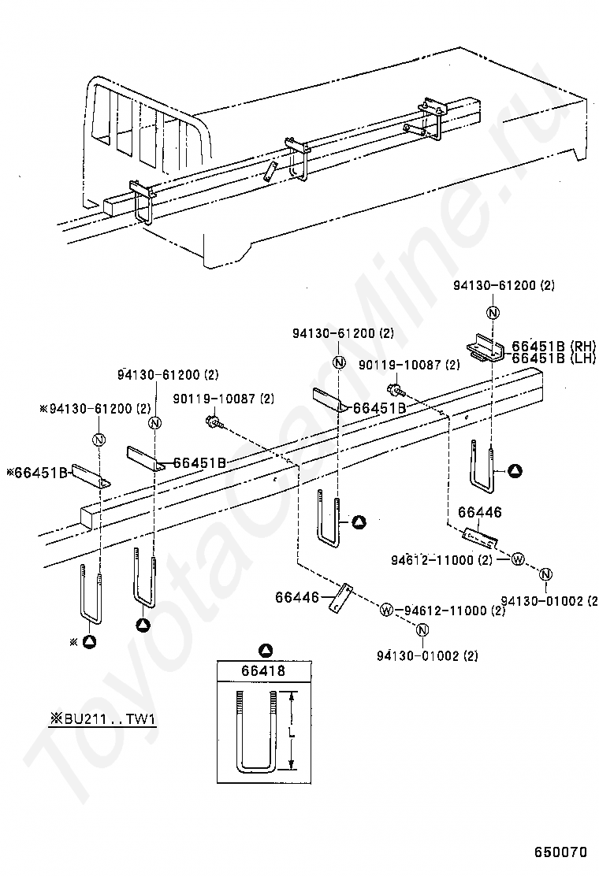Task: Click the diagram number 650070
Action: click(x=560, y=852)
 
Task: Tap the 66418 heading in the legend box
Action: click(x=263, y=670)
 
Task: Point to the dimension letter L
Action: click(x=291, y=733)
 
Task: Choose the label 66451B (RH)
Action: click(x=554, y=346)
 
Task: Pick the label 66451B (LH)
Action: click(x=554, y=358)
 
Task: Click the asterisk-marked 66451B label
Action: click(x=37, y=473)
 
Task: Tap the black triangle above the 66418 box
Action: click(x=266, y=650)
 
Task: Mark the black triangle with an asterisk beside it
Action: click(x=89, y=642)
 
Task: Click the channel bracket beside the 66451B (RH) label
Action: click(x=486, y=350)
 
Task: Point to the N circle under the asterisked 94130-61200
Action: click(x=99, y=440)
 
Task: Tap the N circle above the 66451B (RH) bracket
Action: click(x=493, y=313)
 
